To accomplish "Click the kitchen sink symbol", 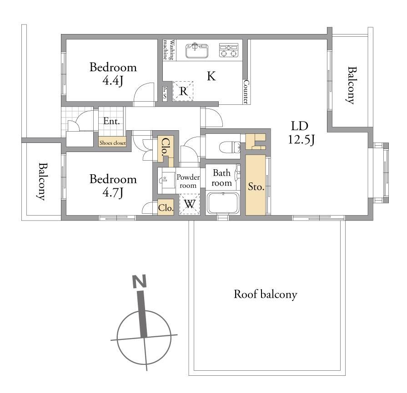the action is (197, 50).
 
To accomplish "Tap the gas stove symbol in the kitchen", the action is (229, 50).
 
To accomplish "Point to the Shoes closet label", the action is (113, 143).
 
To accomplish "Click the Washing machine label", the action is (168, 50).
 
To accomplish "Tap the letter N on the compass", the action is (140, 281).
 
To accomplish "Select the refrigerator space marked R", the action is (183, 91).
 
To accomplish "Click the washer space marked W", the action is (190, 204).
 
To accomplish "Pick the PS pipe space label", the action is (165, 93).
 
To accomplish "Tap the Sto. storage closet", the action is (256, 185).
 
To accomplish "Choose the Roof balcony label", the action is (265, 295).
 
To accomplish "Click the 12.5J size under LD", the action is (301, 140).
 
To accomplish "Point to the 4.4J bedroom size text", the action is (113, 81).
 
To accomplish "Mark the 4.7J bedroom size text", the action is (113, 192).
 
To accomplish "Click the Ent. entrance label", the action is (111, 121).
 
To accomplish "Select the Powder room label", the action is (188, 182).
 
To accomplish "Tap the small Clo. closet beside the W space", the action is (166, 207).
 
